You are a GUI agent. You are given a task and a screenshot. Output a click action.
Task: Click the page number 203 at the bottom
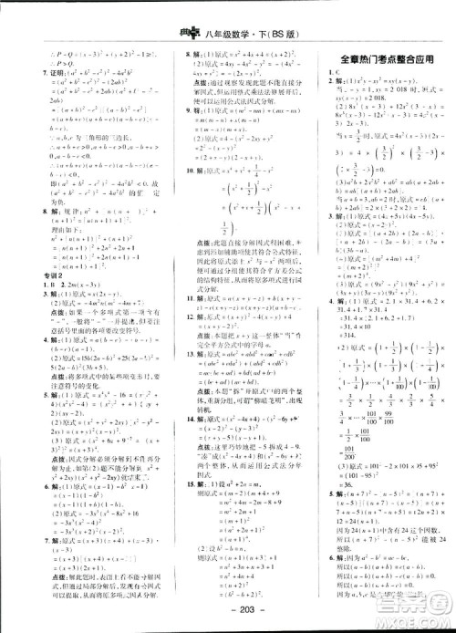(x=227, y=612)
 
